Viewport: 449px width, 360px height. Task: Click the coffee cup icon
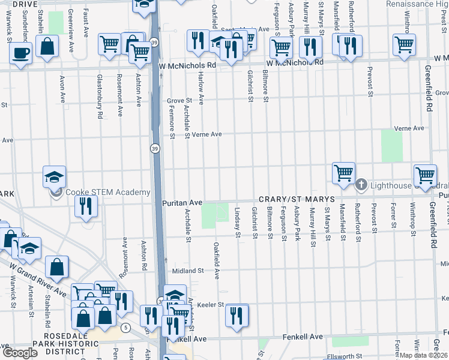point(20,53)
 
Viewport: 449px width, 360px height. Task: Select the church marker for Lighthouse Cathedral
point(361,184)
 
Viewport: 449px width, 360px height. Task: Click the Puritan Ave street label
point(182,203)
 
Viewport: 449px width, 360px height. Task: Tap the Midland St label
point(188,271)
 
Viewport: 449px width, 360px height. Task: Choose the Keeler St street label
point(211,305)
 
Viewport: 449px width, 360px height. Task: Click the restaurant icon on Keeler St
point(237,314)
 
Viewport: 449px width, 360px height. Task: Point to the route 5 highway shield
point(125,328)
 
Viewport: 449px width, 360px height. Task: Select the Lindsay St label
point(238,223)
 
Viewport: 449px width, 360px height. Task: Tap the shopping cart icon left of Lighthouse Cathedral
point(343,173)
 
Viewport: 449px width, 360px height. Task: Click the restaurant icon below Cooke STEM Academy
point(85,206)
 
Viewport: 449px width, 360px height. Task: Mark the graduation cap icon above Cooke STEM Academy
point(53,177)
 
